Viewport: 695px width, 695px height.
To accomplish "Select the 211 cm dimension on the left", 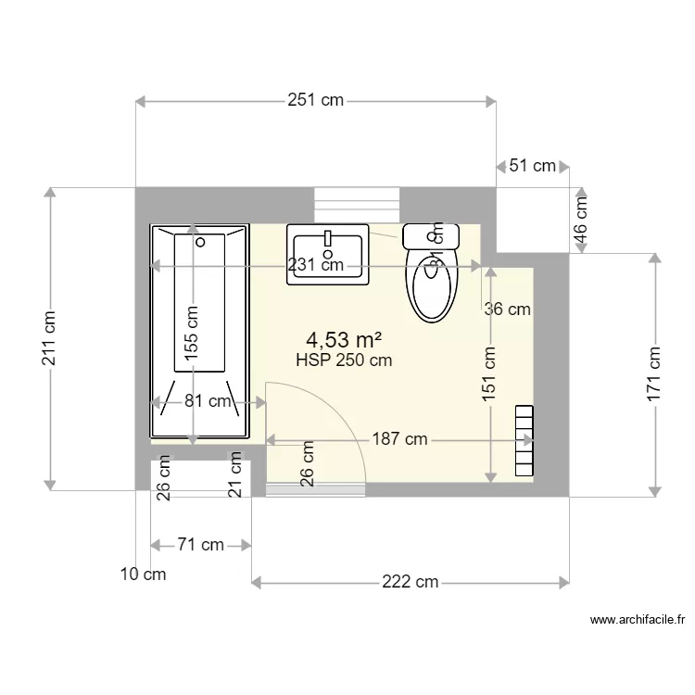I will (x=49, y=338).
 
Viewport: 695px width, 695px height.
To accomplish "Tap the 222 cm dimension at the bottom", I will (x=410, y=582).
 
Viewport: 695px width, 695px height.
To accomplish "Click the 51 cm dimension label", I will (x=533, y=166).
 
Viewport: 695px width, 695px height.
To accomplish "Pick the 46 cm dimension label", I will (x=581, y=220).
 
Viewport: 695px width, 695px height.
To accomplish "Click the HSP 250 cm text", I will (x=343, y=361).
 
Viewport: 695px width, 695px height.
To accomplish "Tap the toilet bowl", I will (x=433, y=285).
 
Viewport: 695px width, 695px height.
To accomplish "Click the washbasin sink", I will (x=328, y=252).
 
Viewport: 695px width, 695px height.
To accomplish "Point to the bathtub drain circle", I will (x=201, y=243).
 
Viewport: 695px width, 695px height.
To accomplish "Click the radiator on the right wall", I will (x=524, y=440).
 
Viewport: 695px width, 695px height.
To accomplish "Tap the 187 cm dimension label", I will (x=400, y=439).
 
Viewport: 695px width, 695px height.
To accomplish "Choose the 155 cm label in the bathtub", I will (x=191, y=333).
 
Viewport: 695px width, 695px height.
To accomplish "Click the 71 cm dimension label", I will (x=200, y=545).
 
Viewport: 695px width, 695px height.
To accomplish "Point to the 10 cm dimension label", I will (x=144, y=575).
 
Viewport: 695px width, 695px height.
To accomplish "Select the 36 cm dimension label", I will (x=508, y=310).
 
